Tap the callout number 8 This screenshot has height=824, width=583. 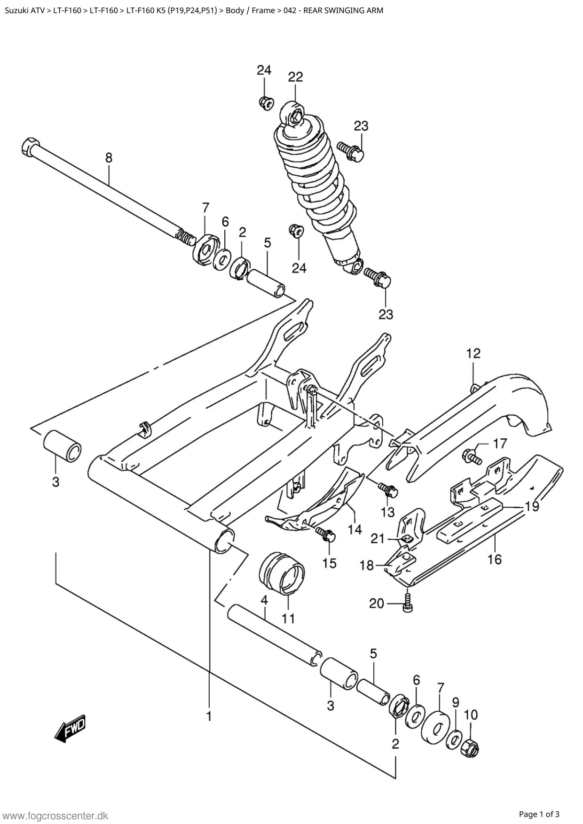pos(109,158)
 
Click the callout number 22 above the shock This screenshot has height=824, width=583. pos(295,77)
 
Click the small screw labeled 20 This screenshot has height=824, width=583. pos(407,602)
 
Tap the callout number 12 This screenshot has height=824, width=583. pos(473,353)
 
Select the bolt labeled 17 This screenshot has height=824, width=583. pos(472,455)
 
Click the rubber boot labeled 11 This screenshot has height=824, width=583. pos(282,573)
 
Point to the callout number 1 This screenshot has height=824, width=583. pos(209,716)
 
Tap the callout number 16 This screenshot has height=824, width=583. pos(495,559)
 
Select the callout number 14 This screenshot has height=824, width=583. pos(355,529)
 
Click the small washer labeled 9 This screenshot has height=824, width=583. pos(454,739)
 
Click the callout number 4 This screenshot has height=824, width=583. pos(264,600)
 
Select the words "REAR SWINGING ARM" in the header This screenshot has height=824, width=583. pos(343,10)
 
